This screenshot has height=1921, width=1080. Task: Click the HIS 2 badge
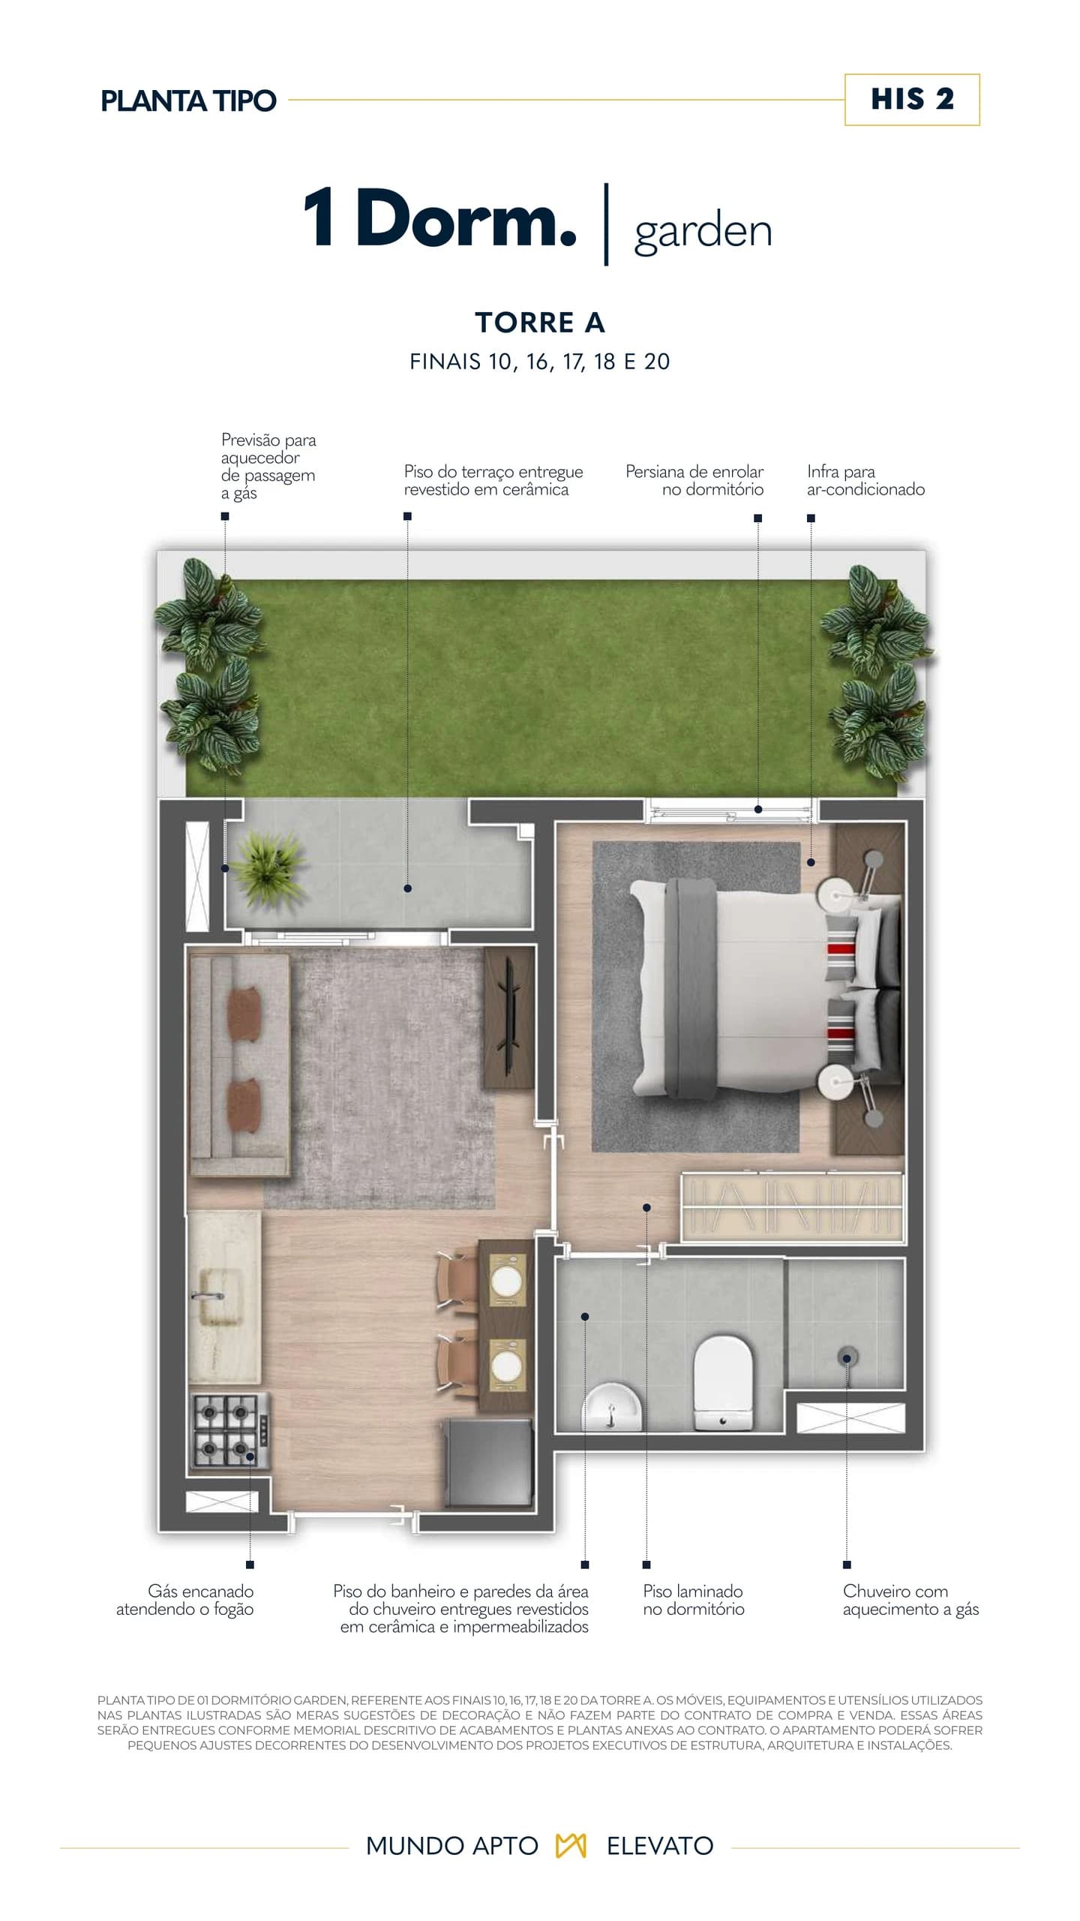(912, 100)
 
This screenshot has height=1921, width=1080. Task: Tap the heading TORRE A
(540, 323)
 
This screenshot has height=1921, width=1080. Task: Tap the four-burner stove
(229, 1429)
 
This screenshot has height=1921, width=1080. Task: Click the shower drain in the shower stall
(847, 1357)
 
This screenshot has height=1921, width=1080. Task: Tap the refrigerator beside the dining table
(489, 1463)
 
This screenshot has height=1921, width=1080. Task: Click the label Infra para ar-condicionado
(865, 480)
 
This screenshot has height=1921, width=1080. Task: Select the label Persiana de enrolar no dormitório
(694, 480)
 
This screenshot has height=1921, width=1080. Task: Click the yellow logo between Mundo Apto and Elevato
(571, 1846)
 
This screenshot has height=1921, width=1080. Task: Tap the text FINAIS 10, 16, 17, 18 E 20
(540, 362)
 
